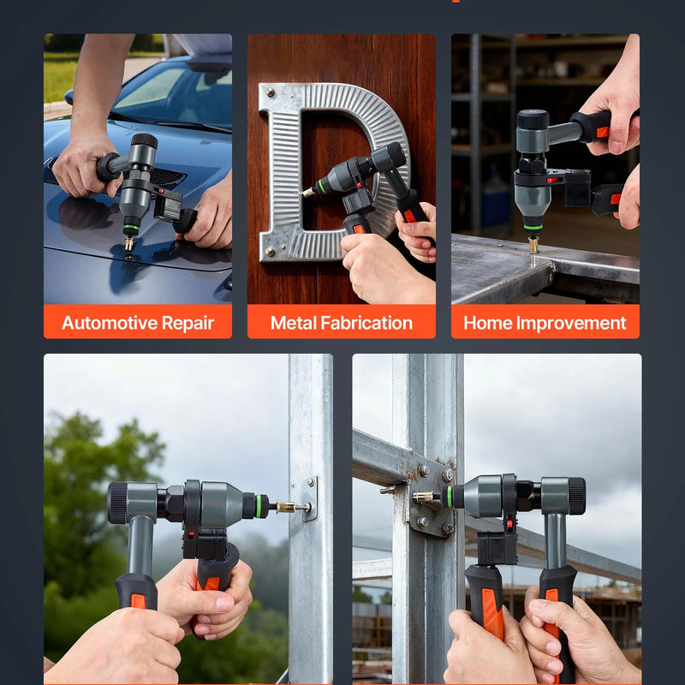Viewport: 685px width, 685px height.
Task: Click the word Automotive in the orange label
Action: point(110,323)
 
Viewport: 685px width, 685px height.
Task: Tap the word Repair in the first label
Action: point(188,324)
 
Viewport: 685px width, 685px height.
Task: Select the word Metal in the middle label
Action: point(294,323)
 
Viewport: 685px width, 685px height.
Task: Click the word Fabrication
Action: point(366,323)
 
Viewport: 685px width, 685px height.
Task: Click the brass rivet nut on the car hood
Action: point(128,243)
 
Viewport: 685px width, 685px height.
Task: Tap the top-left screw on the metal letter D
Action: point(270,92)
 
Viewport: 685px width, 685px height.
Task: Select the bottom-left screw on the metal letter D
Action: point(270,251)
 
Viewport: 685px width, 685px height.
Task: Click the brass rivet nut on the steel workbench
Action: point(533,244)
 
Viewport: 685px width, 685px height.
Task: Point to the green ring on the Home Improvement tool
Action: point(533,227)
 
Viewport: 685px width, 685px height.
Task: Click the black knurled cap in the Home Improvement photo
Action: point(533,119)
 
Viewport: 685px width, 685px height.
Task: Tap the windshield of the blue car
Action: point(175,94)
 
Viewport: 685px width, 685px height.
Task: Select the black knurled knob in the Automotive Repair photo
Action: point(145,140)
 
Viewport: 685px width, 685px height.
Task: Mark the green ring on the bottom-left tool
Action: point(260,506)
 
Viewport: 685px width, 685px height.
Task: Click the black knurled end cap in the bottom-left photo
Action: point(117,503)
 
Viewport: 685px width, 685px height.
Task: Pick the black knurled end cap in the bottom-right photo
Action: point(577,496)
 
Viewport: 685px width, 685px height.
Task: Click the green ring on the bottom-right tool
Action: point(449,497)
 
